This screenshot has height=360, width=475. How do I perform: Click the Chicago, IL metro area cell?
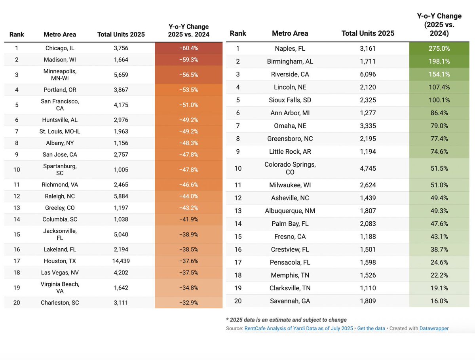(60, 48)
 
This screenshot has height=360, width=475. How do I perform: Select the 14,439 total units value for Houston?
(121, 261)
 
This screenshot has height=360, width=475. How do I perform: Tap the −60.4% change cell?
(188, 48)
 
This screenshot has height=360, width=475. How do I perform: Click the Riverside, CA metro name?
(290, 74)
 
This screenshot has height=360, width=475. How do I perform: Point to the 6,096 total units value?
(368, 74)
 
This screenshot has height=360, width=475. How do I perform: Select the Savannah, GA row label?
(290, 301)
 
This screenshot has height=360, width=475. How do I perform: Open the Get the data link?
(371, 328)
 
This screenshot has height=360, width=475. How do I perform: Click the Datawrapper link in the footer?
(434, 328)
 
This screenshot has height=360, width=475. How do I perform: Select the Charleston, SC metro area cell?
(60, 303)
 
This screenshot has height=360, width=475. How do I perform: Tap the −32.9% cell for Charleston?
(188, 303)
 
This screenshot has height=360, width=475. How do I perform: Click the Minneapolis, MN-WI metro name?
(60, 74)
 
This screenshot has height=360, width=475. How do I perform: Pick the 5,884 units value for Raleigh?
(121, 196)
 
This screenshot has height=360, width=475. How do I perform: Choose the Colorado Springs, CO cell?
(290, 168)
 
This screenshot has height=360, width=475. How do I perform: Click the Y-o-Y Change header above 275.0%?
(439, 25)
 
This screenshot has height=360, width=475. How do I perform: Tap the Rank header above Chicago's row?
(17, 34)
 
